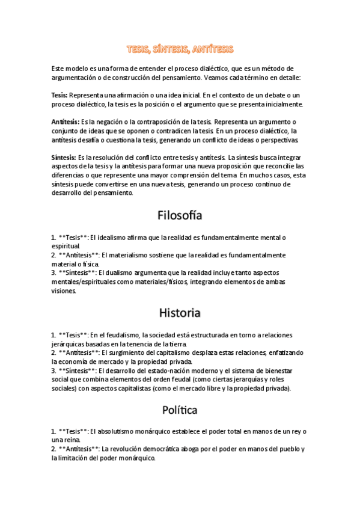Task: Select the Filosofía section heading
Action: pyautogui.click(x=180, y=215)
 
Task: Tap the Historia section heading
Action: pyautogui.click(x=180, y=313)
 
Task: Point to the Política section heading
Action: pyautogui.click(x=180, y=411)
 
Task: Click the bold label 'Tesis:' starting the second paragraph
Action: pyautogui.click(x=59, y=96)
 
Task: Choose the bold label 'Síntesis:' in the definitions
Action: pyautogui.click(x=64, y=158)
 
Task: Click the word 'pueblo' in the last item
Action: pyautogui.click(x=290, y=449)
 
